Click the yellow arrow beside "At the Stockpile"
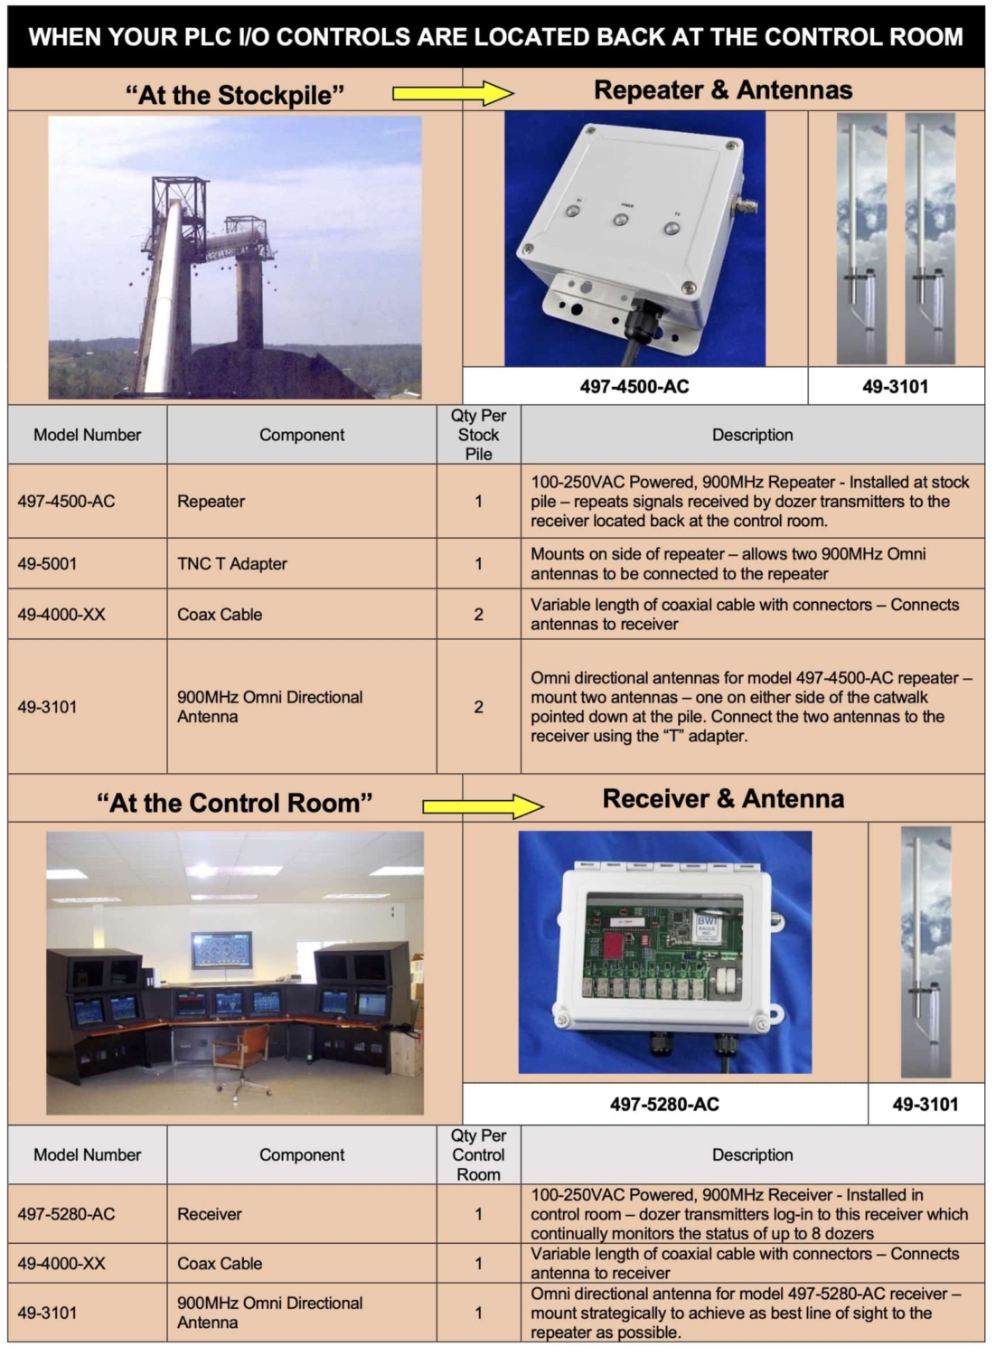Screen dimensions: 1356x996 coord(452,92)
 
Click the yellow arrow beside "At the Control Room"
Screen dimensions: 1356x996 coord(483,805)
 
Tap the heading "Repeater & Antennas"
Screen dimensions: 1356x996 coord(723,90)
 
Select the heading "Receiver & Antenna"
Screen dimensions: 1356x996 coord(723,799)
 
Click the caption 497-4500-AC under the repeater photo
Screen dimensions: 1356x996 coord(634,387)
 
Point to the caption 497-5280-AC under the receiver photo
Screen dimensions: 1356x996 coord(664,1104)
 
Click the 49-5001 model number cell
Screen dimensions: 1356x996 coord(48,564)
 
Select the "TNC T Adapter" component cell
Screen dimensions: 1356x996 coord(232,564)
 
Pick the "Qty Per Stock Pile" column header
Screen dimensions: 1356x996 coord(478,435)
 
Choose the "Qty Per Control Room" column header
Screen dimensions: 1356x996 coord(478,1154)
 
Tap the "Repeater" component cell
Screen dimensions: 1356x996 coord(211,502)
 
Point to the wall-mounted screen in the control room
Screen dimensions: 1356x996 coord(221,950)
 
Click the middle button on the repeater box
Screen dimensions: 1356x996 coord(622,219)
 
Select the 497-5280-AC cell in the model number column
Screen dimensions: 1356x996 coord(67,1214)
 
